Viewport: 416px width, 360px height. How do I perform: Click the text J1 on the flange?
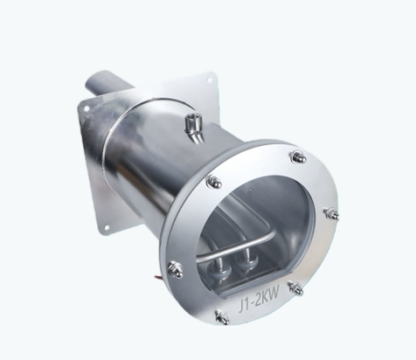tap(245, 306)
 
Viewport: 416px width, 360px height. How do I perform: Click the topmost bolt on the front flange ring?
tap(298, 156)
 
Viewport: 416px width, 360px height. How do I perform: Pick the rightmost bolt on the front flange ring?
tap(332, 213)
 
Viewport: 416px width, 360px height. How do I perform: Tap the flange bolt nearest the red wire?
tap(176, 268)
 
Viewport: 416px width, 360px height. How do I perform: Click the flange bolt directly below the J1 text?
tap(222, 316)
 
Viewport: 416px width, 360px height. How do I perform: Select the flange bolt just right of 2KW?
tap(295, 287)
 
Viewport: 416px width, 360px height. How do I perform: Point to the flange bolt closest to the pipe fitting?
tap(214, 181)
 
